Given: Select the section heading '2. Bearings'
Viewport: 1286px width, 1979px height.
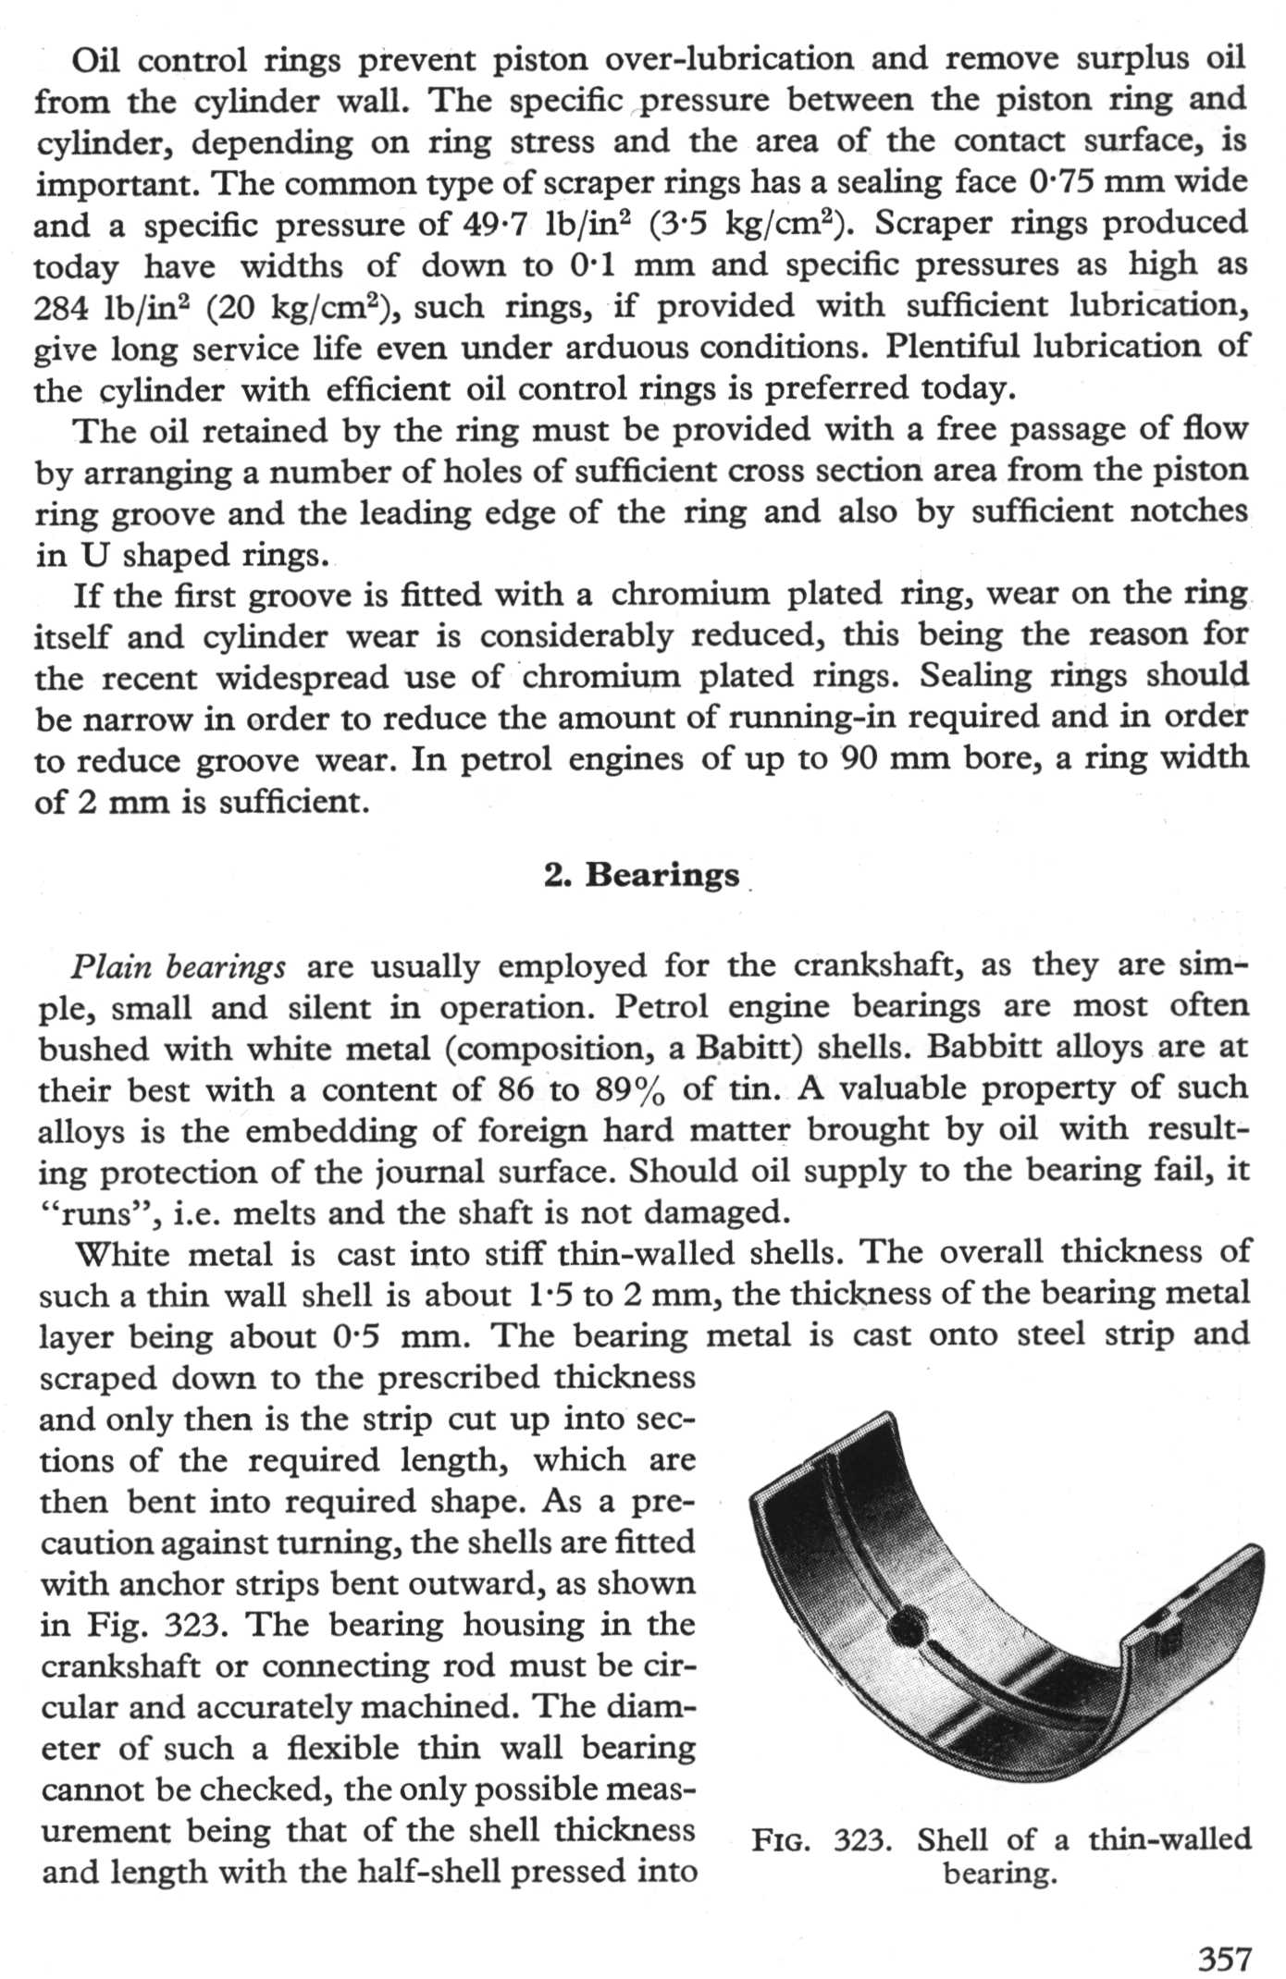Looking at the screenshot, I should (x=642, y=874).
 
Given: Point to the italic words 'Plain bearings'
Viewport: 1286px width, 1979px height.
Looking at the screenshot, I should (x=179, y=966).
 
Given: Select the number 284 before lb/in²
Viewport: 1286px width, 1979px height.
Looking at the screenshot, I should (x=62, y=307).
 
